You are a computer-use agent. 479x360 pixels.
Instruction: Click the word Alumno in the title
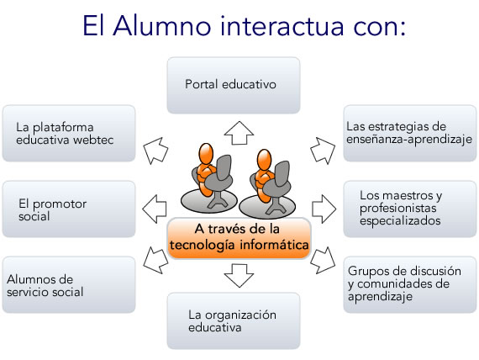click(x=162, y=26)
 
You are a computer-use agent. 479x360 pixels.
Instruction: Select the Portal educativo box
click(x=234, y=85)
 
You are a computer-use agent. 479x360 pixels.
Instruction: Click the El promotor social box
click(x=69, y=209)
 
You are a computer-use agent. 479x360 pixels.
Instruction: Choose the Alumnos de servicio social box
click(x=69, y=284)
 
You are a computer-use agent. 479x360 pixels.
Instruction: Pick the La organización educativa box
click(x=234, y=320)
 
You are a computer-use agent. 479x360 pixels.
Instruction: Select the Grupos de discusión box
click(x=409, y=284)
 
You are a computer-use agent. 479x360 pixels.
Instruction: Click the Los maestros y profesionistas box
click(x=409, y=209)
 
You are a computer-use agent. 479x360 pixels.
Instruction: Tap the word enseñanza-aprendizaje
click(x=409, y=140)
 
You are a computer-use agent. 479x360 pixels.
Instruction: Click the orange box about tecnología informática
click(x=239, y=238)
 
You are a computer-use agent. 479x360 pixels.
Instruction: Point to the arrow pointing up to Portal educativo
click(x=239, y=133)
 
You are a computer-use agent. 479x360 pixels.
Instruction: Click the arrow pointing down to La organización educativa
click(x=239, y=276)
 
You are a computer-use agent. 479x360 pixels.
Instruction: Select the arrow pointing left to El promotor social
click(x=155, y=209)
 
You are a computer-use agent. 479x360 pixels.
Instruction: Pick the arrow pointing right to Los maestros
click(x=324, y=209)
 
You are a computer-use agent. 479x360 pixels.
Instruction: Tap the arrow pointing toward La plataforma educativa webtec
click(x=155, y=151)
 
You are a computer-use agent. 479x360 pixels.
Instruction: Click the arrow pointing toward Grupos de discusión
click(x=323, y=260)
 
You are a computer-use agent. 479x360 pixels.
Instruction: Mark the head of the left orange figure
click(x=206, y=155)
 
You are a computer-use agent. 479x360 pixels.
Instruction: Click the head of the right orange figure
click(x=264, y=160)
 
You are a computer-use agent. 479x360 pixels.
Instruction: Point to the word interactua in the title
click(x=282, y=26)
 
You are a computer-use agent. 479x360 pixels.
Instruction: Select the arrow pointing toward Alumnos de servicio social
click(x=155, y=260)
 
